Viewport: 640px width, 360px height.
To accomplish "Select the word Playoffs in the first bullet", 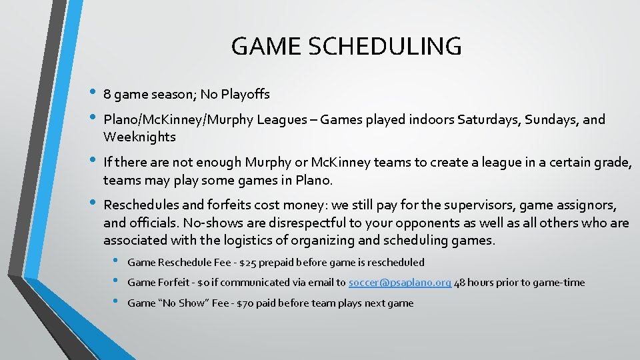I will click(244, 95).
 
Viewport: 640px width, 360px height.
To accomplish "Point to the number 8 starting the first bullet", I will click(107, 95).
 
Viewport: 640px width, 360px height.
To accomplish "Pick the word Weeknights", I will click(139, 137).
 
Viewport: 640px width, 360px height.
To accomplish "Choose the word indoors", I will click(432, 120).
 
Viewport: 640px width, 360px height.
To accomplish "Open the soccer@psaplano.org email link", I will click(400, 283).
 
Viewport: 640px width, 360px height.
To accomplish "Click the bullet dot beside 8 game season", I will click(91, 93).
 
